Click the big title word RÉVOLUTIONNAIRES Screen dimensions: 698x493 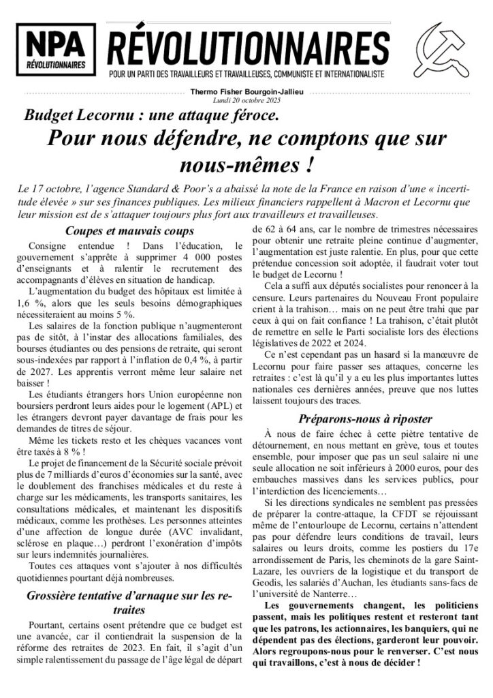point(249,46)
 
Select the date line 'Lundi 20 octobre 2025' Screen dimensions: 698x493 point(246,99)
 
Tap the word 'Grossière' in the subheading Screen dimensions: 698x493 point(55,596)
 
